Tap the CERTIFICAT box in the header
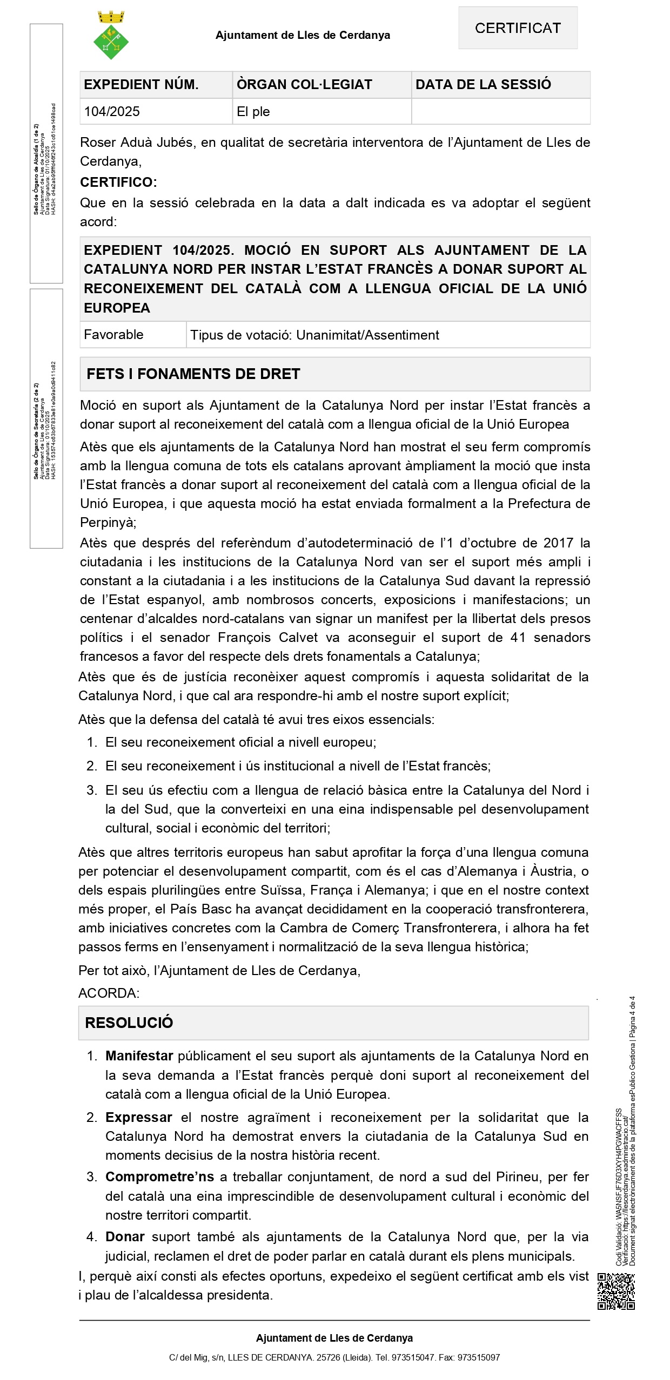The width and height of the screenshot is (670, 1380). click(x=518, y=28)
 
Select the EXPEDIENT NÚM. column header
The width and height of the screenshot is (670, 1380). click(x=141, y=85)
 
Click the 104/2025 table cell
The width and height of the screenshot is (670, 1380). click(x=112, y=112)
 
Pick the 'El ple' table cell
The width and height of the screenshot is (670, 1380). click(x=253, y=112)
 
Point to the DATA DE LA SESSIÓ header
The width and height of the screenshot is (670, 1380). click(x=483, y=84)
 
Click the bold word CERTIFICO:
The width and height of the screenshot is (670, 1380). click(x=118, y=182)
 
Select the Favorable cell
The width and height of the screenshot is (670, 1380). click(x=113, y=335)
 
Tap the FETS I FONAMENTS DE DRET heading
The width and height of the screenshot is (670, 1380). click(x=193, y=374)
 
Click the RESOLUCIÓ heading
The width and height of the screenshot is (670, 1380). click(x=129, y=1023)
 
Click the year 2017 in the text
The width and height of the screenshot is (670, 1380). click(x=558, y=543)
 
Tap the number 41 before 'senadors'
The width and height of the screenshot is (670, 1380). click(x=518, y=638)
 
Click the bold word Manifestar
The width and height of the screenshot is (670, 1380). click(x=139, y=1056)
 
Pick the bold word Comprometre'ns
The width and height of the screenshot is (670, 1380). click(x=159, y=1177)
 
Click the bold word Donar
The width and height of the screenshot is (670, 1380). click(x=125, y=1237)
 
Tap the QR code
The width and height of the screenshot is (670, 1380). click(x=616, y=1291)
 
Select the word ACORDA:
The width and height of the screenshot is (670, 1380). click(x=109, y=993)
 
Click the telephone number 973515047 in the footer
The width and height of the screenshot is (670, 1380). click(x=413, y=1357)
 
